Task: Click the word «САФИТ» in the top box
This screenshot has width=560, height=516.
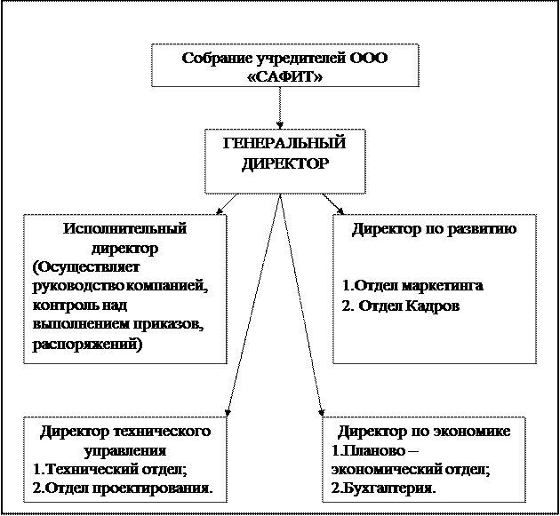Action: point(284,76)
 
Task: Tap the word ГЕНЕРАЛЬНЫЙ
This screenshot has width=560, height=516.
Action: point(284,143)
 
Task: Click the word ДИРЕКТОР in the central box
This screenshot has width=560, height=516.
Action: point(284,163)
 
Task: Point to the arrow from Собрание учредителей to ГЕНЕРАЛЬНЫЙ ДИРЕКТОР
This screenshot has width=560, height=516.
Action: point(280,107)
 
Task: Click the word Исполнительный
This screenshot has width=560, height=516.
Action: point(125,229)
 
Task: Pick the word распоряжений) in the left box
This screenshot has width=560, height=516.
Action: point(87,345)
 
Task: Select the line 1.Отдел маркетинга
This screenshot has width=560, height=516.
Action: point(412,286)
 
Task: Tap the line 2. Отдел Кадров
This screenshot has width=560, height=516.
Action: point(401,306)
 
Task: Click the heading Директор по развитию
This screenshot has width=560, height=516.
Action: point(435,229)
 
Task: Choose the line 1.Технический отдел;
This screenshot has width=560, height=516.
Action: point(110,469)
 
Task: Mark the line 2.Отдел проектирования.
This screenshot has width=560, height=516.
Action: point(123,488)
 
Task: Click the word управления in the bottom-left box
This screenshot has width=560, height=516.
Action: point(125,450)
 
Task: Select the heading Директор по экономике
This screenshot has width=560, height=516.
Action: point(424,432)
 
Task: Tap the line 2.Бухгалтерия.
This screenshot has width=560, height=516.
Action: point(384,488)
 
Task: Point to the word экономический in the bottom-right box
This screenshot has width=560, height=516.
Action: point(386,469)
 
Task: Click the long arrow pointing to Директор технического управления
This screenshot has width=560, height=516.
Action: point(253,306)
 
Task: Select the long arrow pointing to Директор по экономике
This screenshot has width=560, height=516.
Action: point(301,306)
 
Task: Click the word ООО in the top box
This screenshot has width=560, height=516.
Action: point(368,58)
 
